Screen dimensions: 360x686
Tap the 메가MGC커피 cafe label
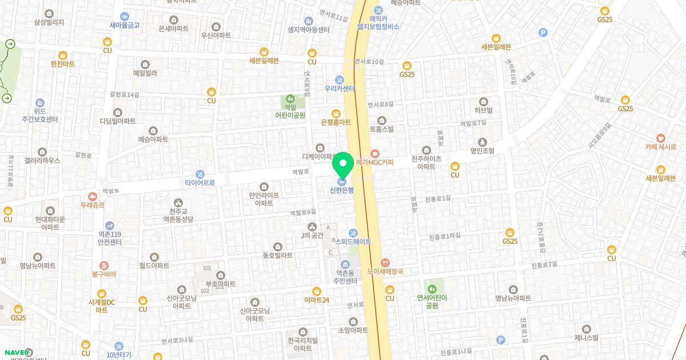click(375, 162)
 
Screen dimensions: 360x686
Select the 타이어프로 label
click(200, 183)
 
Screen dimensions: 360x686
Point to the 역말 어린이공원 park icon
click(290, 99)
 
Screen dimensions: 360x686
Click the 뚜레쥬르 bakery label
click(93, 204)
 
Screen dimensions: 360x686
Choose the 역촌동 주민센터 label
click(345, 277)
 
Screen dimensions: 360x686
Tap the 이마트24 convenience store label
click(317, 299)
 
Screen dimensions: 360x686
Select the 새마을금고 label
click(125, 25)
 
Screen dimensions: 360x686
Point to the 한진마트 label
click(63, 63)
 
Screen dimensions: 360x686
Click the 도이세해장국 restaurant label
click(385, 271)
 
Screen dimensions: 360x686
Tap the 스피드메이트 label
click(353, 242)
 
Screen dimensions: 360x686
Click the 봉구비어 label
click(103, 274)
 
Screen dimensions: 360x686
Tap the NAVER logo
click(17, 352)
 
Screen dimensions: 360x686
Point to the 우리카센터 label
click(340, 89)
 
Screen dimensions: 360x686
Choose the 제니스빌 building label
click(587, 337)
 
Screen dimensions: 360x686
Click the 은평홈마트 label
click(336, 122)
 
